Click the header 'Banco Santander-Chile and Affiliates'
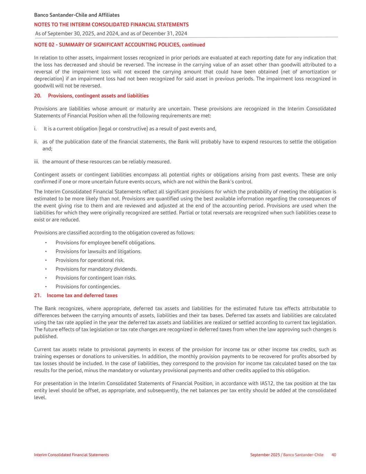coord(77,15)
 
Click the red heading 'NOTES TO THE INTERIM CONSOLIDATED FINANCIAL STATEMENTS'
coord(111,25)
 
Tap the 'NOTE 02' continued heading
coord(119,45)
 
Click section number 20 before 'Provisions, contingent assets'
coord(37,96)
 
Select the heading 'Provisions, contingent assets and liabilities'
coord(98,96)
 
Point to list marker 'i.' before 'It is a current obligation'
coord(35,129)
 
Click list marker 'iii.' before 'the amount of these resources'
coord(36,162)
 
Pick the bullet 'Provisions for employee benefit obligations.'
coord(105,243)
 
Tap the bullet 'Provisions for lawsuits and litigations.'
coord(99,251)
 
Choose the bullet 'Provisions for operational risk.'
coord(90,260)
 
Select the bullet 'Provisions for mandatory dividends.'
coord(96,269)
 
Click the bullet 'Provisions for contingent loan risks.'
coord(96,278)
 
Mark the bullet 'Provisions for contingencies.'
coord(88,287)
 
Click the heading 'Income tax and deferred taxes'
coord(82,296)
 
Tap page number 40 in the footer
coord(334,455)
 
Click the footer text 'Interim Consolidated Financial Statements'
coord(71,455)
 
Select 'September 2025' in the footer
coord(265,455)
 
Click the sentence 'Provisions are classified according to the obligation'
coord(114,233)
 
